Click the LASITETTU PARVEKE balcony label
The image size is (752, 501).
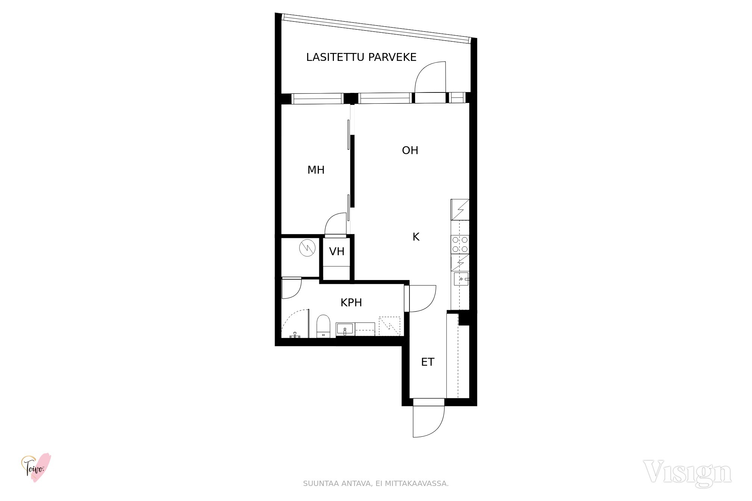pyautogui.click(x=361, y=57)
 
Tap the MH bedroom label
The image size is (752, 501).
pyautogui.click(x=316, y=170)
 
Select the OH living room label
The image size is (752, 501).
pyautogui.click(x=410, y=150)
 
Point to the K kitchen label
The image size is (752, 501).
pyautogui.click(x=416, y=237)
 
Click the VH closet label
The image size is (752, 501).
pyautogui.click(x=337, y=251)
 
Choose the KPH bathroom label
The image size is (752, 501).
pyautogui.click(x=351, y=303)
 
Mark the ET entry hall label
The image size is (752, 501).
pyautogui.click(x=428, y=362)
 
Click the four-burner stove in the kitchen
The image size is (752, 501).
pyautogui.click(x=460, y=244)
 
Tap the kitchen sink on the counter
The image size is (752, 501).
pyautogui.click(x=461, y=279)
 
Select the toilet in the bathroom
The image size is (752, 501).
pyautogui.click(x=323, y=326)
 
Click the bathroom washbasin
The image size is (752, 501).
pyautogui.click(x=345, y=329)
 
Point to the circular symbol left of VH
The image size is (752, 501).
pyautogui.click(x=307, y=248)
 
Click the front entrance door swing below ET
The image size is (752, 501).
pyautogui.click(x=429, y=421)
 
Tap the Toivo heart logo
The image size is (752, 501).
pyautogui.click(x=36, y=468)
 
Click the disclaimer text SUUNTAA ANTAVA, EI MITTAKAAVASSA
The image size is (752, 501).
pyautogui.click(x=376, y=484)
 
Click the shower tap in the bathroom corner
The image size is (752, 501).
pyautogui.click(x=295, y=335)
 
